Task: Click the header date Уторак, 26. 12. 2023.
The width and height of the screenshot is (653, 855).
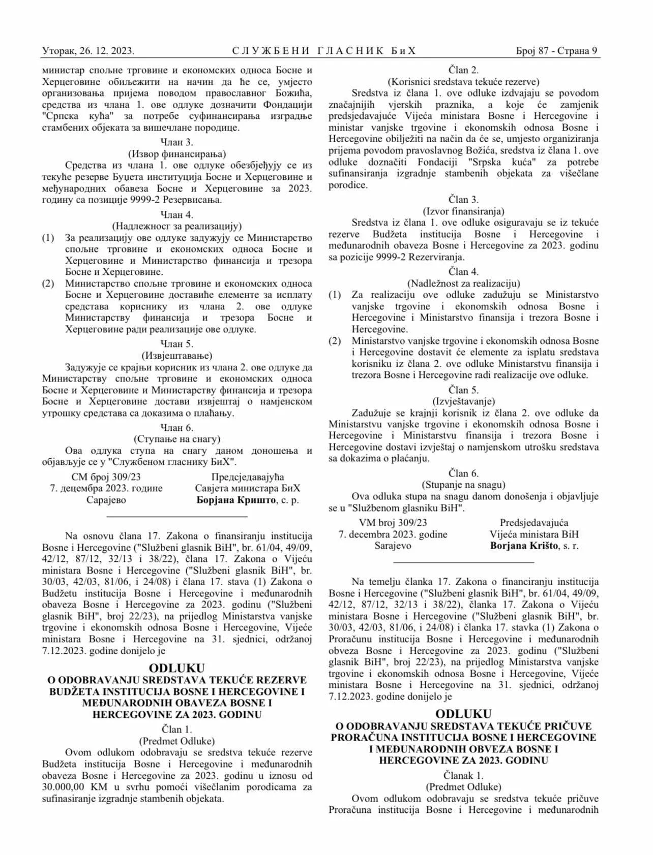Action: tap(88, 51)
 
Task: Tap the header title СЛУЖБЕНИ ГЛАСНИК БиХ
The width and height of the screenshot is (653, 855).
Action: tap(324, 51)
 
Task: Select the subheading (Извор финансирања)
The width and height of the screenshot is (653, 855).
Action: tap(176, 154)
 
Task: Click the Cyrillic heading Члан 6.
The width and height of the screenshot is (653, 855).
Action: tap(176, 427)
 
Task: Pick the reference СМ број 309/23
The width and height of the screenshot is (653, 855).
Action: tap(106, 477)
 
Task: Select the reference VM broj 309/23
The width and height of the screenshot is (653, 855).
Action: tap(393, 523)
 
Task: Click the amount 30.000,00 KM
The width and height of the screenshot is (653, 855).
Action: tap(72, 787)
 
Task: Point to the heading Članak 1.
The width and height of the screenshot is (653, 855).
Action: tap(463, 776)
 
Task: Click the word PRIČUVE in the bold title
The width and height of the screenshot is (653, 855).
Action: tap(553, 726)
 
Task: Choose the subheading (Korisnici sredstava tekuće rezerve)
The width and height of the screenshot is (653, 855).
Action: tap(463, 81)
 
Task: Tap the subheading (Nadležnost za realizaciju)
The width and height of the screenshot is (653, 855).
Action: tap(463, 283)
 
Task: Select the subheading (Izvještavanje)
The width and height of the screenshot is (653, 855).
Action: tap(463, 401)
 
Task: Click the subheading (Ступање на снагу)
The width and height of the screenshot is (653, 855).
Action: tap(176, 439)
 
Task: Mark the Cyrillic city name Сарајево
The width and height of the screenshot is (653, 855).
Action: tap(106, 500)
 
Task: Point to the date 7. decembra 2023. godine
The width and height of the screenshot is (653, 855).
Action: tap(393, 534)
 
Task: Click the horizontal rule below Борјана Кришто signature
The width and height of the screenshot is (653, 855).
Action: tap(177, 516)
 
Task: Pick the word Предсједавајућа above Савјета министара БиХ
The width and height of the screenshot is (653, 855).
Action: tap(248, 477)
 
